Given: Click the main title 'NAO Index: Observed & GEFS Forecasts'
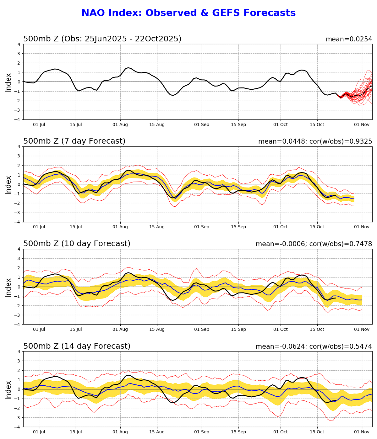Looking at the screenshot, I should click(x=188, y=13).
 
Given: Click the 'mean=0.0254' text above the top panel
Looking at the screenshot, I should click(x=349, y=39).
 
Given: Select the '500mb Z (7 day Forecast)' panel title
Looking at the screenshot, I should click(x=74, y=141).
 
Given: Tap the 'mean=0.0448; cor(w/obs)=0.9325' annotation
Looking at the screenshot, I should click(x=315, y=141).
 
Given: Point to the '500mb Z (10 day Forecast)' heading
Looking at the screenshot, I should click(x=77, y=244).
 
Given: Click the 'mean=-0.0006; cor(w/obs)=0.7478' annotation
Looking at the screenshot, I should click(x=314, y=244).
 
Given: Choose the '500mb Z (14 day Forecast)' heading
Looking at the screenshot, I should click(x=77, y=346).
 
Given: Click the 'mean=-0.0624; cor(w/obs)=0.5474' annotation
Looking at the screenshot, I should click(x=314, y=346).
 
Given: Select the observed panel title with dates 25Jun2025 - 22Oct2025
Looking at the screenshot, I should click(x=102, y=39).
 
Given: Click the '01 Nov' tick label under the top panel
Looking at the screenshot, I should click(x=362, y=124).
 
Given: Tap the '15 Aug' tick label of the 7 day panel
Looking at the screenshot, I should click(x=157, y=227).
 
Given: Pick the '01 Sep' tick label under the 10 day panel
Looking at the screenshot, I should click(x=201, y=329).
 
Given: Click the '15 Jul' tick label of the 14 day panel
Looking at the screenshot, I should click(x=76, y=432).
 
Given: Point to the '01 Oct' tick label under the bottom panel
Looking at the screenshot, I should click(x=281, y=432).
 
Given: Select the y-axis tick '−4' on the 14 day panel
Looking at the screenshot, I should click(x=18, y=427).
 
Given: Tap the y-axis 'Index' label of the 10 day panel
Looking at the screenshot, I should click(x=8, y=287).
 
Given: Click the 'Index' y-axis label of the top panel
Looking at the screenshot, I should click(x=8, y=82).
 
